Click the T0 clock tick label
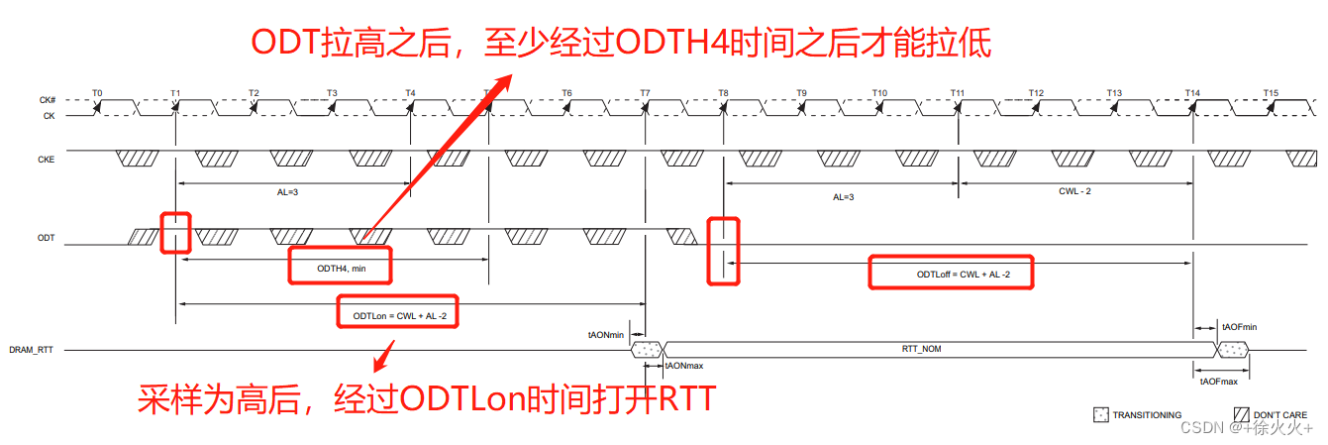tap(97, 93)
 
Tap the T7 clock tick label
tap(645, 93)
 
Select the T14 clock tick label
tap(1192, 93)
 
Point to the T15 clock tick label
tap(1271, 93)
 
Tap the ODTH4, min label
tap(340, 268)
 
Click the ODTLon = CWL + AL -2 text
tap(398, 316)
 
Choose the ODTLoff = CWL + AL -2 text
tap(951, 275)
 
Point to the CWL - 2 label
tap(1074, 190)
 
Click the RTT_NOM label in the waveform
tap(921, 349)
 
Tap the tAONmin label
tap(606, 335)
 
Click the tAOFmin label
tap(1239, 326)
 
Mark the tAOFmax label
tap(1218, 382)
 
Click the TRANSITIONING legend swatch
tap(1099, 415)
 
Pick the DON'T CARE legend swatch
tap(1241, 415)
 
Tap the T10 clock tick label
tap(879, 93)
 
